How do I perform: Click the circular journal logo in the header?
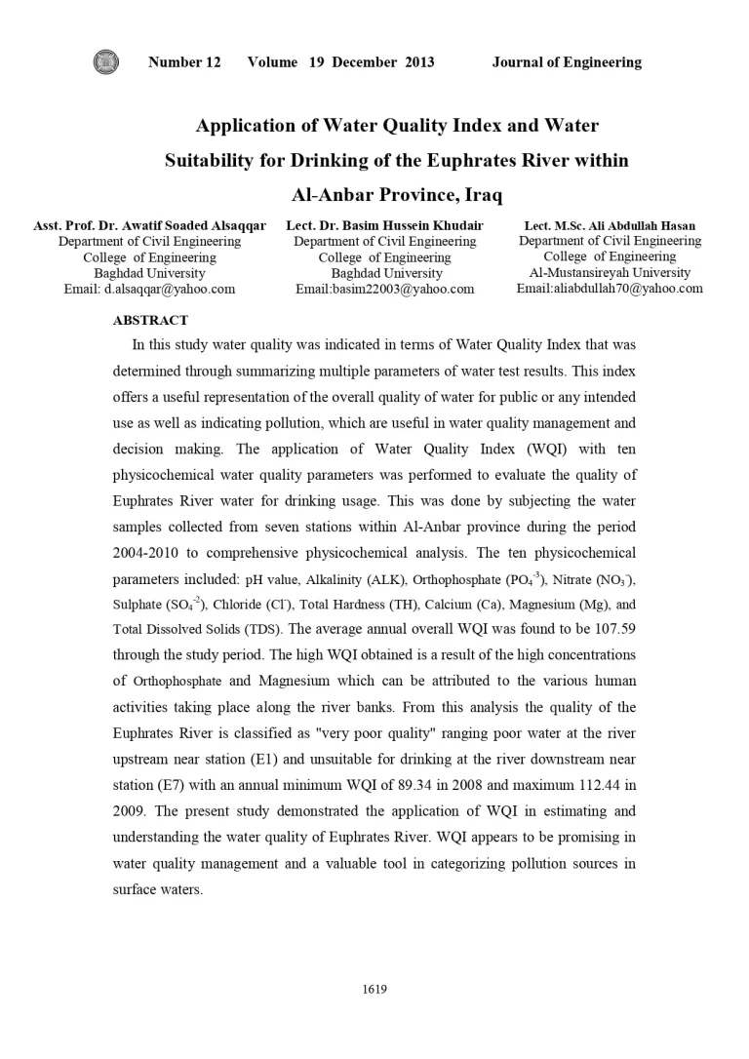click(105, 62)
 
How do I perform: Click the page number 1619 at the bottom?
click(374, 990)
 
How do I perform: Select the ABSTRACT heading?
click(151, 320)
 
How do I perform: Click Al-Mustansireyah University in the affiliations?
click(610, 272)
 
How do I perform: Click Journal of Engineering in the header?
click(567, 62)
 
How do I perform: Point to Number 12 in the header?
click(184, 62)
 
